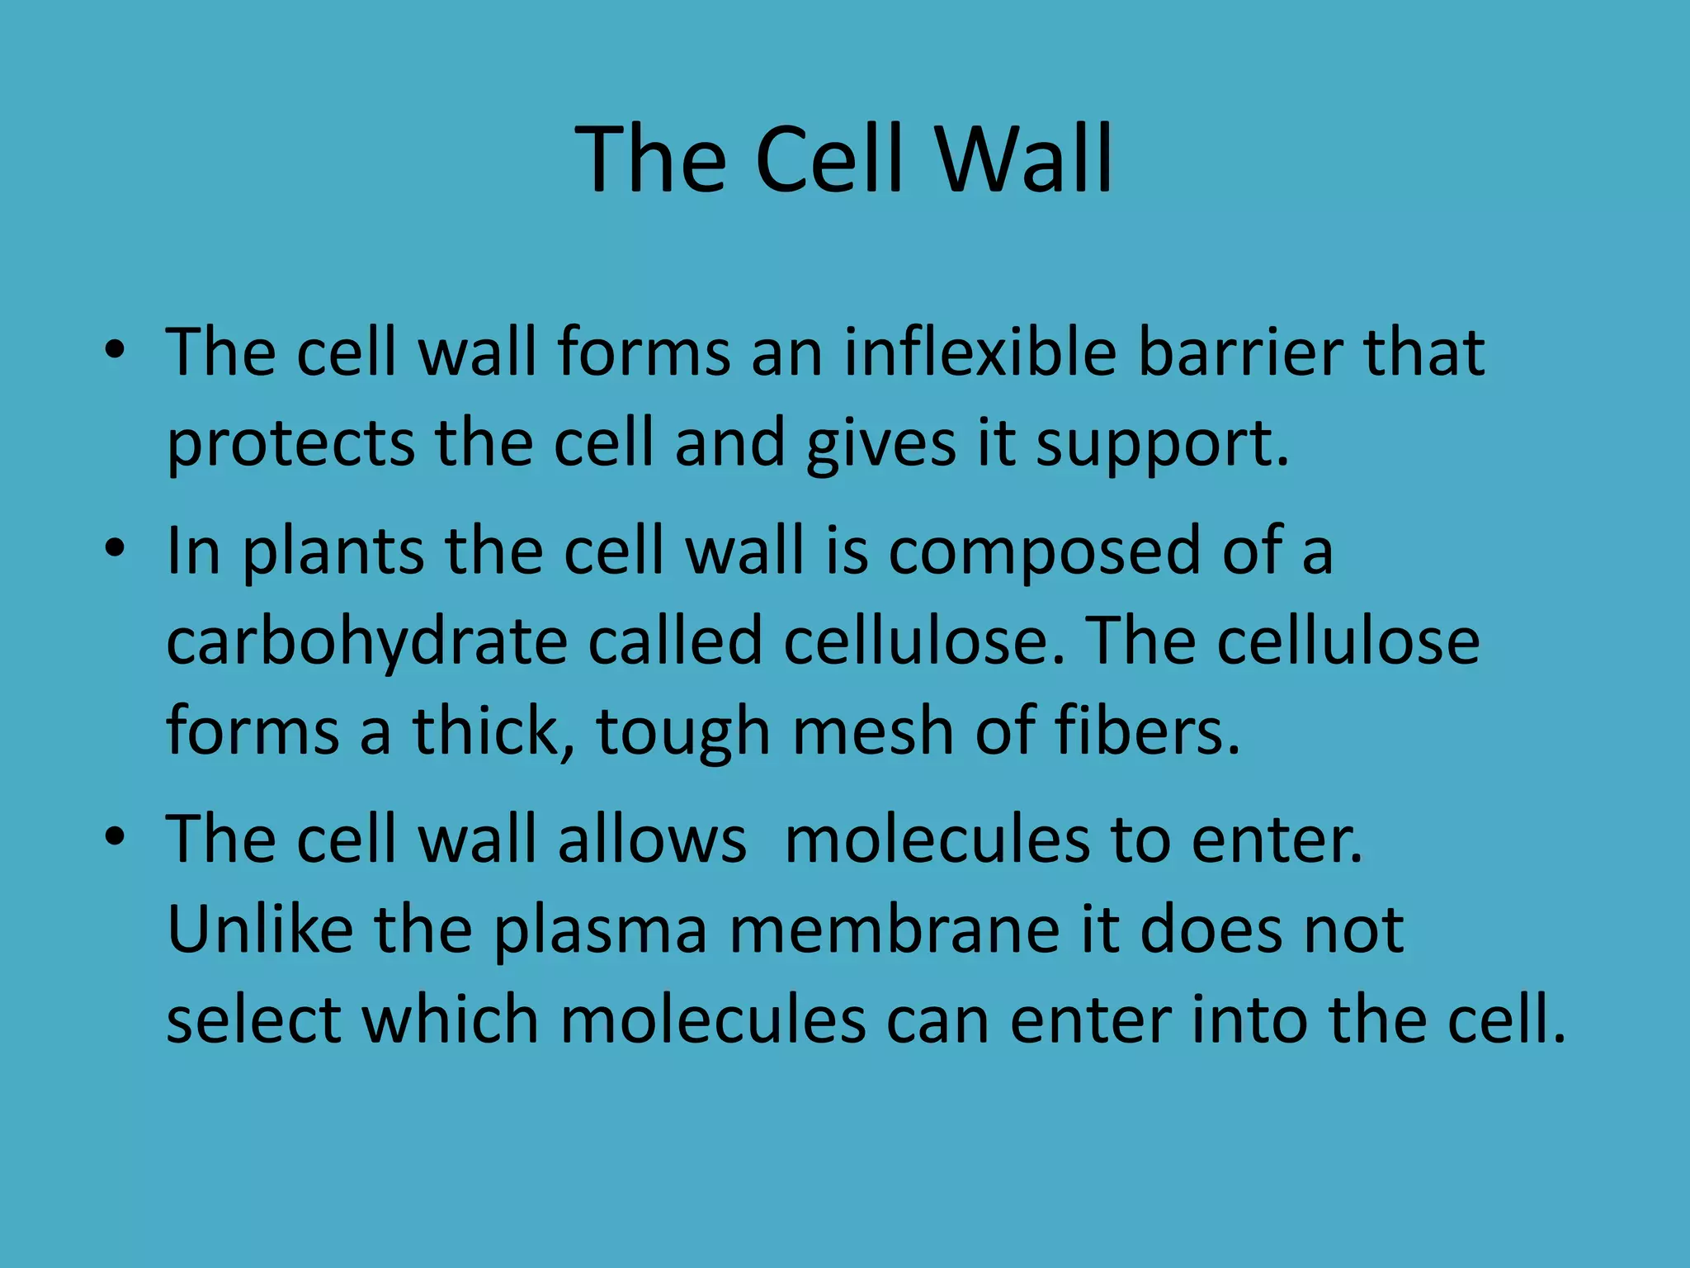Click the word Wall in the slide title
pos(1023,158)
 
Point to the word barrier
pos(1240,353)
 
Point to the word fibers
pos(1154,731)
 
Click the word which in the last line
pos(451,1020)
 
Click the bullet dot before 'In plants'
pos(115,548)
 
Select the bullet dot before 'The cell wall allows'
pos(115,836)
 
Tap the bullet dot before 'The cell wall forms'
pos(115,349)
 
